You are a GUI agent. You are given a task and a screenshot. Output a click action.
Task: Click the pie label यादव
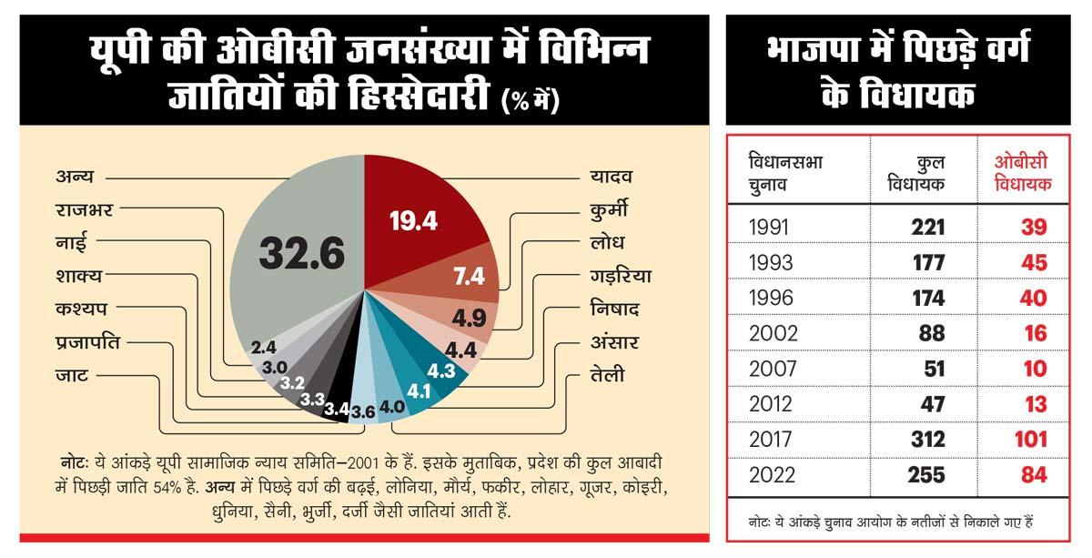coord(611,176)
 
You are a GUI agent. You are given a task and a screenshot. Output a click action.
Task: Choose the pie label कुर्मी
coord(608,211)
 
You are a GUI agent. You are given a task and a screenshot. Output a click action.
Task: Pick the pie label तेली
coord(607,375)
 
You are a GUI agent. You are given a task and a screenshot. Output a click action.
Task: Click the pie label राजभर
coord(84,210)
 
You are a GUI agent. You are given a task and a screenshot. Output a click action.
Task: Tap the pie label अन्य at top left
coord(75,176)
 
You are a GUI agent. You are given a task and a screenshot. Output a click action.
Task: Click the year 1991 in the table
coord(770,228)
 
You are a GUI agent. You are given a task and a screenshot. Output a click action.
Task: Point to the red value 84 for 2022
coord(1034,475)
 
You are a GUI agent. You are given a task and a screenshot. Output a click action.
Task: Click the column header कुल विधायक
coord(917,174)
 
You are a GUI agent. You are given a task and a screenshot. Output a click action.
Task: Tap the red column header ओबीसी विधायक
coord(1020,173)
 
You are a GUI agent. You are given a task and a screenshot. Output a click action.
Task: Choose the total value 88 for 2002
coord(932,334)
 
